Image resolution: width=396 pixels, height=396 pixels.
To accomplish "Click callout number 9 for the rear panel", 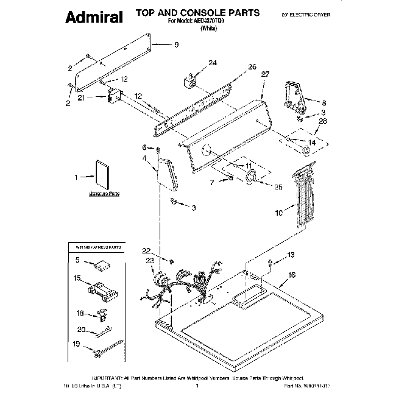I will point(177,44).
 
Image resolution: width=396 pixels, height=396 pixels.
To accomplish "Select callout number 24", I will point(212,63).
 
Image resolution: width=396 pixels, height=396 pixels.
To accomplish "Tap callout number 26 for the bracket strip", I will point(252,67).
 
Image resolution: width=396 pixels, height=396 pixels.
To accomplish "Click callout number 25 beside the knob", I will point(277,188).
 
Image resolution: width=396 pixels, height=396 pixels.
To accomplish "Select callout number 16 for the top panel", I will point(292,276).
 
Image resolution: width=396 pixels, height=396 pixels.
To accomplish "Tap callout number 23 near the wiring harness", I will point(149,262).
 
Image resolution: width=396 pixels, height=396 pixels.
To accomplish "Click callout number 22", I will point(146,250).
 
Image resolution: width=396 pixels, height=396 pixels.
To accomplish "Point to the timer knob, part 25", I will point(250,179).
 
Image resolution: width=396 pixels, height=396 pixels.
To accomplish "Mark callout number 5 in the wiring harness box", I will point(77,260).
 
